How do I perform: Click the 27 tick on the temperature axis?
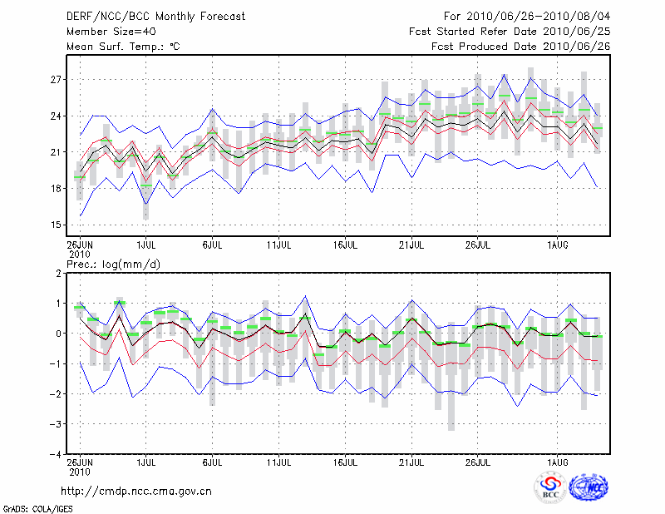tap(56, 80)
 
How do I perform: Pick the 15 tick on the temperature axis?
tap(56, 225)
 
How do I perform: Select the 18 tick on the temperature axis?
tap(56, 188)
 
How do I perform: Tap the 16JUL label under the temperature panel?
tap(345, 245)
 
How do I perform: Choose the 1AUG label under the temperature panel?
tap(558, 245)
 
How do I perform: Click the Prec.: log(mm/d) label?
tap(114, 264)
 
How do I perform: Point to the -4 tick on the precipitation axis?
tap(56, 454)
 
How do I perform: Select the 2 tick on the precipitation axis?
tap(58, 273)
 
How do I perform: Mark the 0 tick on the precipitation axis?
tap(58, 334)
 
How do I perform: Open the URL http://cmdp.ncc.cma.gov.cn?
tap(136, 491)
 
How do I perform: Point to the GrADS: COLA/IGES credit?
tap(30, 507)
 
